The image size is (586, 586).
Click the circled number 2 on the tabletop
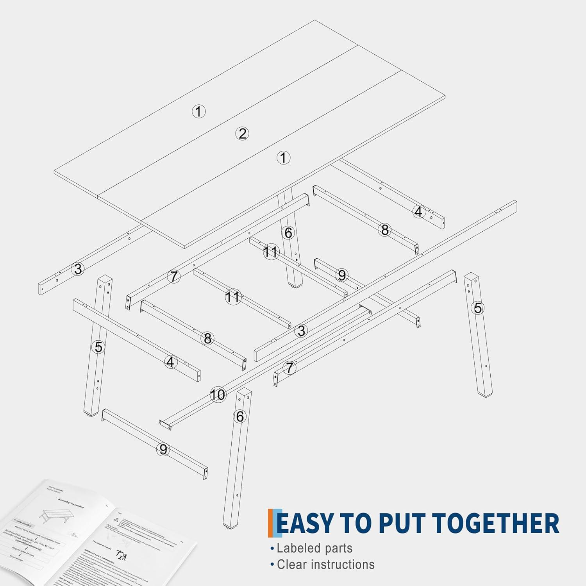pos(242,134)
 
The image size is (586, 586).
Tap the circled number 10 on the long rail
pos(218,395)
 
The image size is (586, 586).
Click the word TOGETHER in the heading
pos(496,523)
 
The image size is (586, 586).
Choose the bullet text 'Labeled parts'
pos(314,548)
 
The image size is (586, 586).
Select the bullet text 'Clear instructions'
pos(325,565)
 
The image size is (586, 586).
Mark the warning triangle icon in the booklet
pos(116,520)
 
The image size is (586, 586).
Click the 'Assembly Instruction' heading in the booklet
pos(71,503)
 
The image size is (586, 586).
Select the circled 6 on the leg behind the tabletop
pos(288,233)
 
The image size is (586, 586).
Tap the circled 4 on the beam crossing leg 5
pos(170,362)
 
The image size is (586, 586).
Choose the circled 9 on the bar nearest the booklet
pos(163,450)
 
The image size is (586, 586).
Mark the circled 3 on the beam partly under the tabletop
pos(78,269)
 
